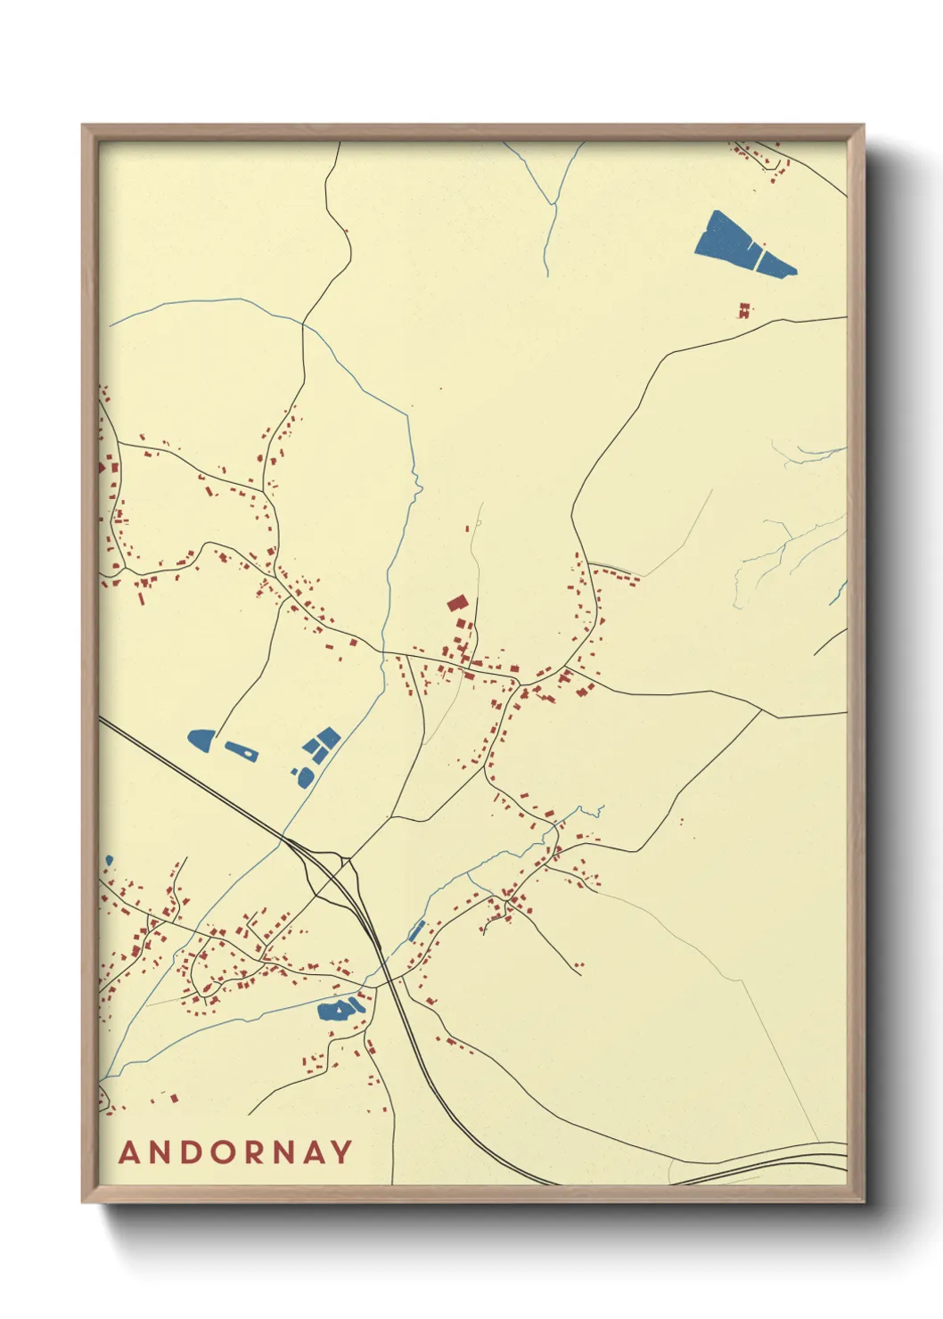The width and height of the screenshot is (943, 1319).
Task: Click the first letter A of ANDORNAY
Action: coord(128,1152)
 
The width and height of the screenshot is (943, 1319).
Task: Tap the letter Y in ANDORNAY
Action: coord(342,1152)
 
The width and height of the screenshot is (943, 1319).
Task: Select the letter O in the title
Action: coord(219,1152)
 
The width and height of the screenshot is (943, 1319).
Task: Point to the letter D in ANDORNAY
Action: coord(189,1152)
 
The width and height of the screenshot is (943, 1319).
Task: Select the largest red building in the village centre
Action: coord(457,603)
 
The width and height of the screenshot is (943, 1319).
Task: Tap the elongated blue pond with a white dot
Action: coord(241,750)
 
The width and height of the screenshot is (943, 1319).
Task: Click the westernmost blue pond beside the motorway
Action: coord(201,739)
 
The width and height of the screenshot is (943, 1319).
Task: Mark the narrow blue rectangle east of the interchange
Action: coord(416,930)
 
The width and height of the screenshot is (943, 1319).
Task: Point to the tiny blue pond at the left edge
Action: coord(109,860)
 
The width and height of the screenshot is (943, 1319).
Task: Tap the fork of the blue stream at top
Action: coord(553,205)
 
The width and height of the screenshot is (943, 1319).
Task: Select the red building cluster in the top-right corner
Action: coord(763,160)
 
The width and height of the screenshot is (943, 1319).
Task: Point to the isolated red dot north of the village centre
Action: coord(439,389)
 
